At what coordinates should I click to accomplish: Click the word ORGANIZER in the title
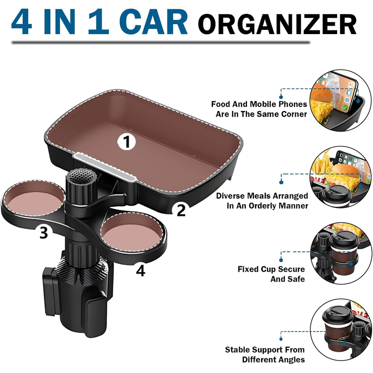coord(277,25)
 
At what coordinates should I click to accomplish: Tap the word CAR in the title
coord(153,22)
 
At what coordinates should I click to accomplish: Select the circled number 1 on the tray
coord(127,142)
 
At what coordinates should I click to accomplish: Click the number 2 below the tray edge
coord(181,210)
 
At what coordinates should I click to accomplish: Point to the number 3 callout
coord(43,232)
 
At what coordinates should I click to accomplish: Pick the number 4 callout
coord(140,270)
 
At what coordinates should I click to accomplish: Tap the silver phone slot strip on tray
coord(104,167)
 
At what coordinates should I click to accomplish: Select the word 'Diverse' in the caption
coord(230,196)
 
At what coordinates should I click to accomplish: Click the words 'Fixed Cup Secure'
coord(271,269)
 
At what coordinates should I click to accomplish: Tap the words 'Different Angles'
coord(273,359)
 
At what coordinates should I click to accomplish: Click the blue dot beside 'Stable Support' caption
coord(281,339)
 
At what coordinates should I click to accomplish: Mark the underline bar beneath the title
coord(161,42)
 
